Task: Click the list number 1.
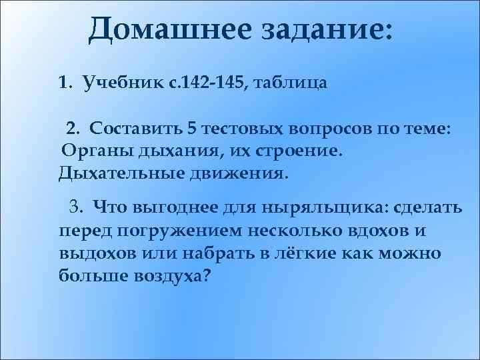tap(64, 84)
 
